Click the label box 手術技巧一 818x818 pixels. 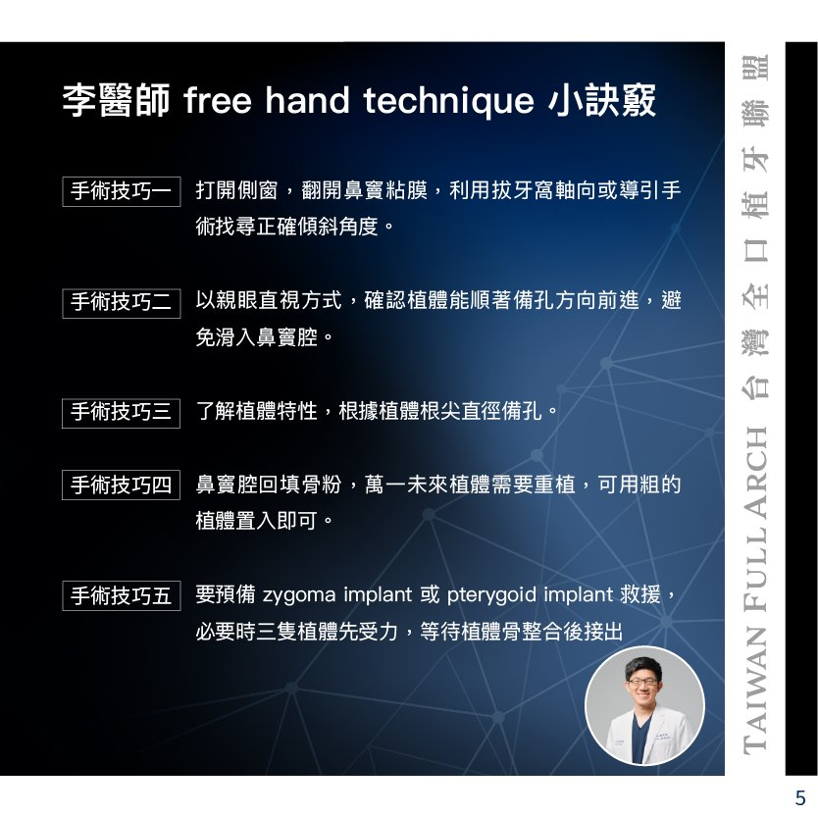point(122,191)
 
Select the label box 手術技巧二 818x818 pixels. point(122,303)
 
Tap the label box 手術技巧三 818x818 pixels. point(121,413)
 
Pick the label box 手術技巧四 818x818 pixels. point(121,485)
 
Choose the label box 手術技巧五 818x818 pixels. point(122,595)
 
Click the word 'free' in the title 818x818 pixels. point(218,100)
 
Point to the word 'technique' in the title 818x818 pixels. point(448,101)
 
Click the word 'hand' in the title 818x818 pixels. point(307,100)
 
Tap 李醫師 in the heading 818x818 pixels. point(116,100)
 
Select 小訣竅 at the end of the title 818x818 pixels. point(602,100)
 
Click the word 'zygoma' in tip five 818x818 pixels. point(299,595)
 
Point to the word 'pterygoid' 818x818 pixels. point(491,595)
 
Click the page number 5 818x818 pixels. point(800,797)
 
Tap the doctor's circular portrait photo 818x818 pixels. point(644,706)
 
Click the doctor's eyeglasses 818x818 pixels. point(642,682)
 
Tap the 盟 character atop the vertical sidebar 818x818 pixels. point(755,67)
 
